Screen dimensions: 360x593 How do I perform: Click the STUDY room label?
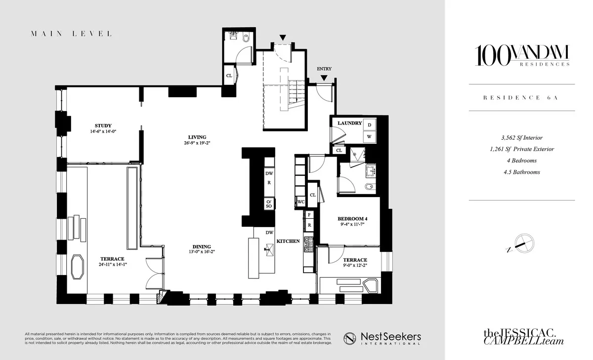[x=103, y=125]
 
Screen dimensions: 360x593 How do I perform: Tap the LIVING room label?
[x=197, y=137]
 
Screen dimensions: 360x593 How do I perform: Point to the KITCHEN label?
[x=288, y=241]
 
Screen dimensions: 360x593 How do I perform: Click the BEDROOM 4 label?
[x=352, y=219]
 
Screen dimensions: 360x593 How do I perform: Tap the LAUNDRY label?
[x=350, y=123]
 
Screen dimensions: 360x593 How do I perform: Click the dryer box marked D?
[x=370, y=124]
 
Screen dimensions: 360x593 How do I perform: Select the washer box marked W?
[x=370, y=136]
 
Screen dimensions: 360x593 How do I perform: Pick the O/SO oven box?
[x=269, y=203]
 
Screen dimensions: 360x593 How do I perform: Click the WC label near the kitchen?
[x=300, y=201]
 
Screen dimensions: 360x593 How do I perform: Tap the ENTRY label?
[x=324, y=69]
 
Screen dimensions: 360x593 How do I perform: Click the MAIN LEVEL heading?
[x=71, y=34]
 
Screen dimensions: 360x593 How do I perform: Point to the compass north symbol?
[x=522, y=242]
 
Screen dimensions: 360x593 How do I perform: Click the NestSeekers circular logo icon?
[x=350, y=338]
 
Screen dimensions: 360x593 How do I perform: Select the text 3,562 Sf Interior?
[x=522, y=138]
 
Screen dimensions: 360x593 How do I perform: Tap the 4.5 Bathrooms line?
[x=522, y=172]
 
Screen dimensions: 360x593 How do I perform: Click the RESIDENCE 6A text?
[x=522, y=98]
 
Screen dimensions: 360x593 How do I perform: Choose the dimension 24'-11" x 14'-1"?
[x=113, y=264]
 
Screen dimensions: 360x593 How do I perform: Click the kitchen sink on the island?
[x=269, y=248]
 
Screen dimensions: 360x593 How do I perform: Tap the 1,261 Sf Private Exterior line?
[x=522, y=149]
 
